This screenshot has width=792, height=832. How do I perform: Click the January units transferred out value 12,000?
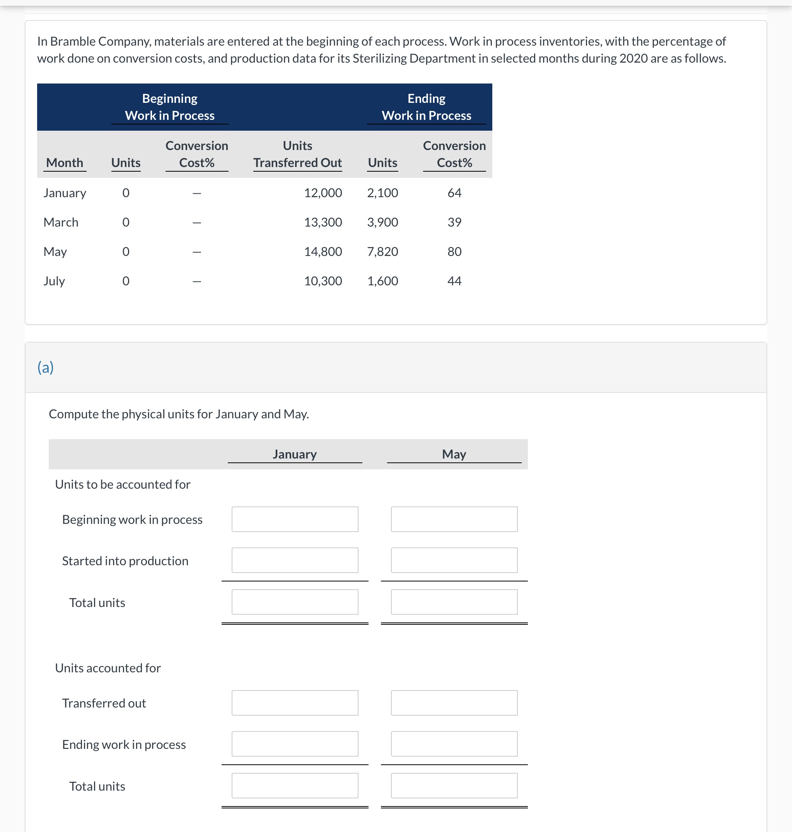point(323,193)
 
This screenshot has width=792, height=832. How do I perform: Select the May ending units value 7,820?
point(382,252)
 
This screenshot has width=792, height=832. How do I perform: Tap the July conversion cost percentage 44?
point(454,281)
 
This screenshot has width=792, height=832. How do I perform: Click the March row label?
point(61,222)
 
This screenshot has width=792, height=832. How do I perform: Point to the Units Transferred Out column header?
point(298,155)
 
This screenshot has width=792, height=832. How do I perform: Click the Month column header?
point(65,163)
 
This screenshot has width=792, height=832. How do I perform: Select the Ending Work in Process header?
point(427,107)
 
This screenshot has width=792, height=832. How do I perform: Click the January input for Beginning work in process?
point(295,519)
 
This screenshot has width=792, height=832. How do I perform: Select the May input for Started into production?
point(454,560)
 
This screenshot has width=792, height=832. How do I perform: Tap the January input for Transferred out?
point(295,703)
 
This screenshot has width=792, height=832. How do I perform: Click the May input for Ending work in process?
point(454,744)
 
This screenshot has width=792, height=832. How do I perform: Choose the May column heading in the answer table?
point(454,454)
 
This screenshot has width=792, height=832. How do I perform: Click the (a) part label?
point(46,367)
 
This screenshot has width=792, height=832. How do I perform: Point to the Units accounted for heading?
point(108,668)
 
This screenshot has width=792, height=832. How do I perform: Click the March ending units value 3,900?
point(382,222)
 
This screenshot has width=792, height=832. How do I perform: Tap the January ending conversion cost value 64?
point(454,193)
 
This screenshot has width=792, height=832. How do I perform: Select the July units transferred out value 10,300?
point(323,281)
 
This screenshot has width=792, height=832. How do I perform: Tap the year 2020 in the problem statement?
point(633,58)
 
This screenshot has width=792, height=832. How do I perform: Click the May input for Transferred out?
point(454,703)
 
